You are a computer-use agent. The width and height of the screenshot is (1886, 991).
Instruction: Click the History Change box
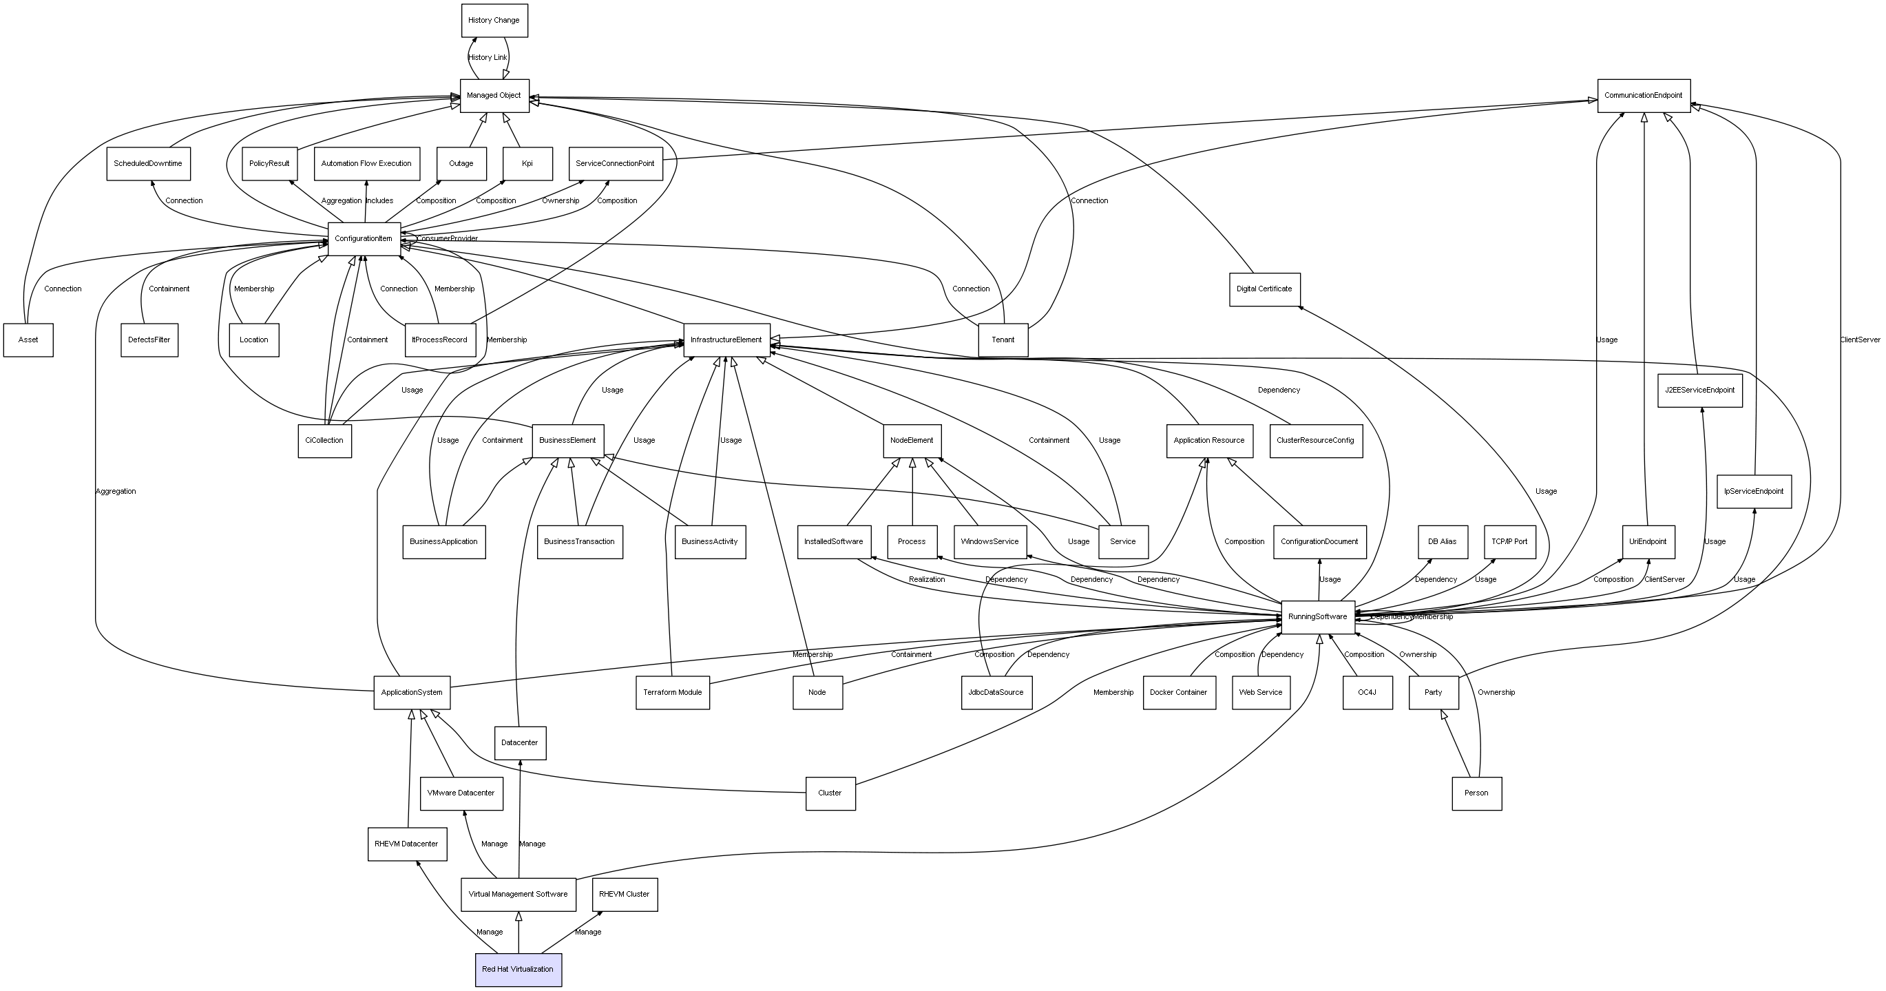point(494,21)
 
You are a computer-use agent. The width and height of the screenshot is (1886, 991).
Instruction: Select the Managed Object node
point(494,96)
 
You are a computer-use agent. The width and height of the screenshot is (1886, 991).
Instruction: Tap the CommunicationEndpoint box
point(1644,96)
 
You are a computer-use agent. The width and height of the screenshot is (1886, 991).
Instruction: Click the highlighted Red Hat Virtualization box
point(518,970)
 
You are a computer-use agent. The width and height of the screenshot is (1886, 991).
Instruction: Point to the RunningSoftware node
point(1318,617)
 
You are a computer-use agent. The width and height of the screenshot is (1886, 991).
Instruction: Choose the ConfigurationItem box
point(364,239)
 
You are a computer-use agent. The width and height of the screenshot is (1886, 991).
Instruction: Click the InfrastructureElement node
point(726,340)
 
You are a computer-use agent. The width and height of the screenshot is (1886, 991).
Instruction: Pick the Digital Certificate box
point(1264,289)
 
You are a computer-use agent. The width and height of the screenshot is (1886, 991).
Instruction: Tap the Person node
point(1477,793)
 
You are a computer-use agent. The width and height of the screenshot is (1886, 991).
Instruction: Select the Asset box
point(28,340)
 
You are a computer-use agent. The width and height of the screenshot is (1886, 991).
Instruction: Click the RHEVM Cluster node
point(625,895)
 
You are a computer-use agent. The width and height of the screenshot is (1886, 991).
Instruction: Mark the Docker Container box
point(1179,693)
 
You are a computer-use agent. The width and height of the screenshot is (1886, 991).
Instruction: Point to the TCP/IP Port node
point(1509,542)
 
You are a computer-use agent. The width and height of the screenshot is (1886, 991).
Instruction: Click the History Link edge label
point(488,58)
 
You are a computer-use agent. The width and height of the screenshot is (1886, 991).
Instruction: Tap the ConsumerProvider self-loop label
point(448,239)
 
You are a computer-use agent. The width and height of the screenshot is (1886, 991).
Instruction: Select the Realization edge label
point(927,579)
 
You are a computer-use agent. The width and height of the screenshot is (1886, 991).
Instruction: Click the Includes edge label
point(380,200)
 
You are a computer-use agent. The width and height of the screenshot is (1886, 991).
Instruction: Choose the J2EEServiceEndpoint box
point(1700,390)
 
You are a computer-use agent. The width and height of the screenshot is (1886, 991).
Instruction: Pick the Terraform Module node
point(673,693)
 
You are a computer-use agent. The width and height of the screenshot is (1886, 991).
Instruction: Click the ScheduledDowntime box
point(148,164)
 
